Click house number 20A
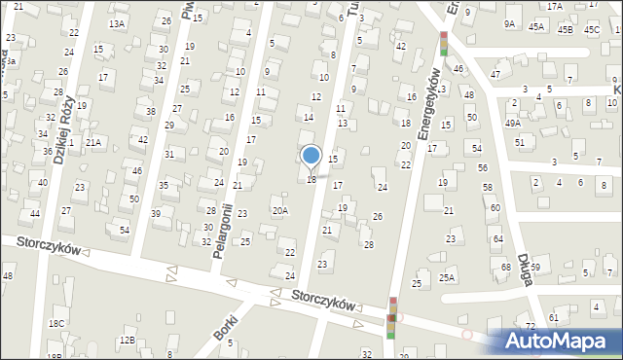pos(279,210)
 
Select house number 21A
pos(93,142)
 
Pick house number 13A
pos(117,23)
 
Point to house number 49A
pos(513,124)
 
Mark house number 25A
pos(447,277)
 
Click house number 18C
pos(57,323)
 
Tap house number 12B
pos(127,340)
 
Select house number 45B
pos(566,29)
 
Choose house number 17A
pos(554,6)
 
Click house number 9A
pos(509,23)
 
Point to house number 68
pos(505,267)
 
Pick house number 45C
pos(592,29)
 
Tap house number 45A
pos(536,27)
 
